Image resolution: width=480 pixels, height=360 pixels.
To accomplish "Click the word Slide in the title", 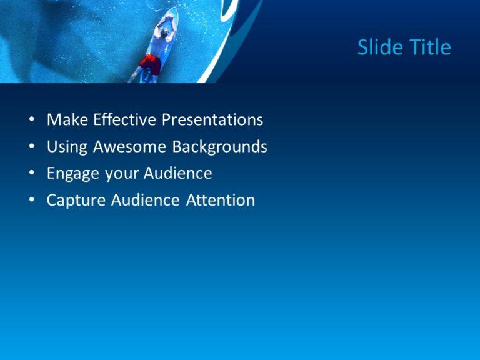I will click(377, 47).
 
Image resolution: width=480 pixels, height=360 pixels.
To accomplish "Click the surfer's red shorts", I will click(150, 64).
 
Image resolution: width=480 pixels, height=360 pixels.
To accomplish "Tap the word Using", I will click(67, 147).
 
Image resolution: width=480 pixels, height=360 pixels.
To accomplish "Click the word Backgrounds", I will click(220, 147).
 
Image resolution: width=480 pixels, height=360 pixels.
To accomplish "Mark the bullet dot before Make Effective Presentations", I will click(31, 120).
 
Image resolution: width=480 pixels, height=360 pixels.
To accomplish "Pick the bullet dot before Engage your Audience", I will click(31, 174).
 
